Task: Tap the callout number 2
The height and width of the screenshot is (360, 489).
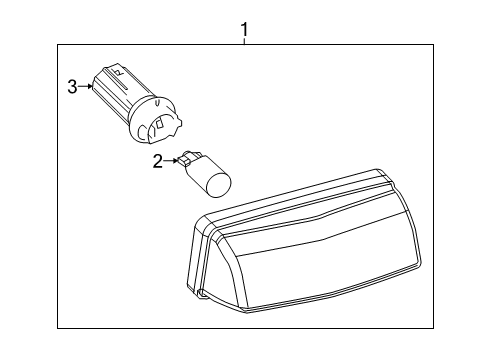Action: pyautogui.click(x=158, y=162)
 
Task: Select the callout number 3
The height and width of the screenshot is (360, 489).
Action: pyautogui.click(x=72, y=87)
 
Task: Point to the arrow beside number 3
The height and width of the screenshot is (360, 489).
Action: pyautogui.click(x=88, y=87)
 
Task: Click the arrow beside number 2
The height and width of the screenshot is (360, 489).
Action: pyautogui.click(x=172, y=161)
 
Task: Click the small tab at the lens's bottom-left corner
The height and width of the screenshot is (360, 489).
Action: pyautogui.click(x=202, y=295)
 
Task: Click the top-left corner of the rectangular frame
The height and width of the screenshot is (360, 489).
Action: pyautogui.click(x=57, y=43)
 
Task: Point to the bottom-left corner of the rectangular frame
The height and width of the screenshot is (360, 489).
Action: pyautogui.click(x=57, y=327)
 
